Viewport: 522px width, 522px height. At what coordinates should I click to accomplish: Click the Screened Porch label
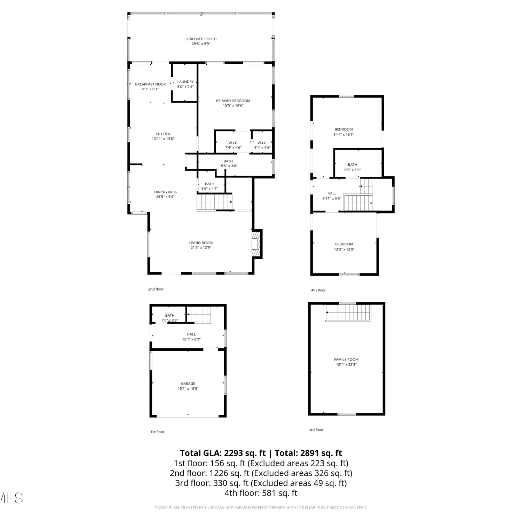(201, 39)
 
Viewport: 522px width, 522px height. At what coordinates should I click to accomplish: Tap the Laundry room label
(185, 82)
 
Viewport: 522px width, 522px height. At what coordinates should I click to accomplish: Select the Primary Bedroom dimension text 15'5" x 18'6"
(233, 105)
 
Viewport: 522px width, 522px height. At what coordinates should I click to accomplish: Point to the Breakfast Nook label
(150, 84)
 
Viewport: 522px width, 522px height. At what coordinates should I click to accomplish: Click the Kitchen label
(163, 134)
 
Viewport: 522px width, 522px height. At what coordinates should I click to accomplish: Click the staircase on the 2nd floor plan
(214, 202)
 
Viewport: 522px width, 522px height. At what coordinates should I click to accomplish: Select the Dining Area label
(165, 192)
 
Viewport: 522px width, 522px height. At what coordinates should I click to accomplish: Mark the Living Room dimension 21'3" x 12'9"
(201, 248)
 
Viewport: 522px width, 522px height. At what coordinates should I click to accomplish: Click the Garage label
(188, 384)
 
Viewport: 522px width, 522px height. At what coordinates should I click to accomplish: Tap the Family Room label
(346, 359)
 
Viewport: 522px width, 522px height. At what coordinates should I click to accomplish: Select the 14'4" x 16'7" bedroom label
(343, 129)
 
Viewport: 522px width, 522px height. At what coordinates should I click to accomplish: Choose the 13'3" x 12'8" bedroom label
(344, 244)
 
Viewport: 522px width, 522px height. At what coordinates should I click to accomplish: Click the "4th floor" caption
(318, 290)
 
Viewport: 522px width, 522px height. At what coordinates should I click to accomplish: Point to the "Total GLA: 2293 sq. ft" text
(223, 453)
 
